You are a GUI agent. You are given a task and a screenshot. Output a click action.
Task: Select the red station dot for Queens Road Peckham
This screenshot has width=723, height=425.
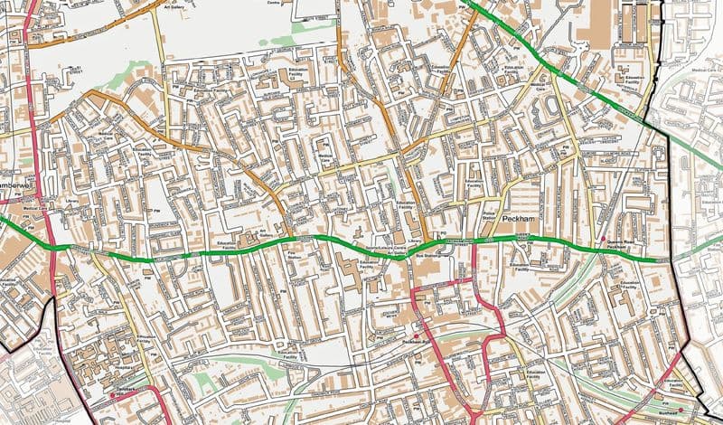coord(603,239)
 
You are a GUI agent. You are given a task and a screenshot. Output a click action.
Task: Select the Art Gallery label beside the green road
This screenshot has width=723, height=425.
coord(268,233)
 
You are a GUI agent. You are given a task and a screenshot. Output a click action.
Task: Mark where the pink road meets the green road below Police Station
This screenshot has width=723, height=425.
coord(474,241)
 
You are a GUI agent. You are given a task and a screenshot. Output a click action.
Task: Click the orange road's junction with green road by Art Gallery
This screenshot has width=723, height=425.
coord(291,238)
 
